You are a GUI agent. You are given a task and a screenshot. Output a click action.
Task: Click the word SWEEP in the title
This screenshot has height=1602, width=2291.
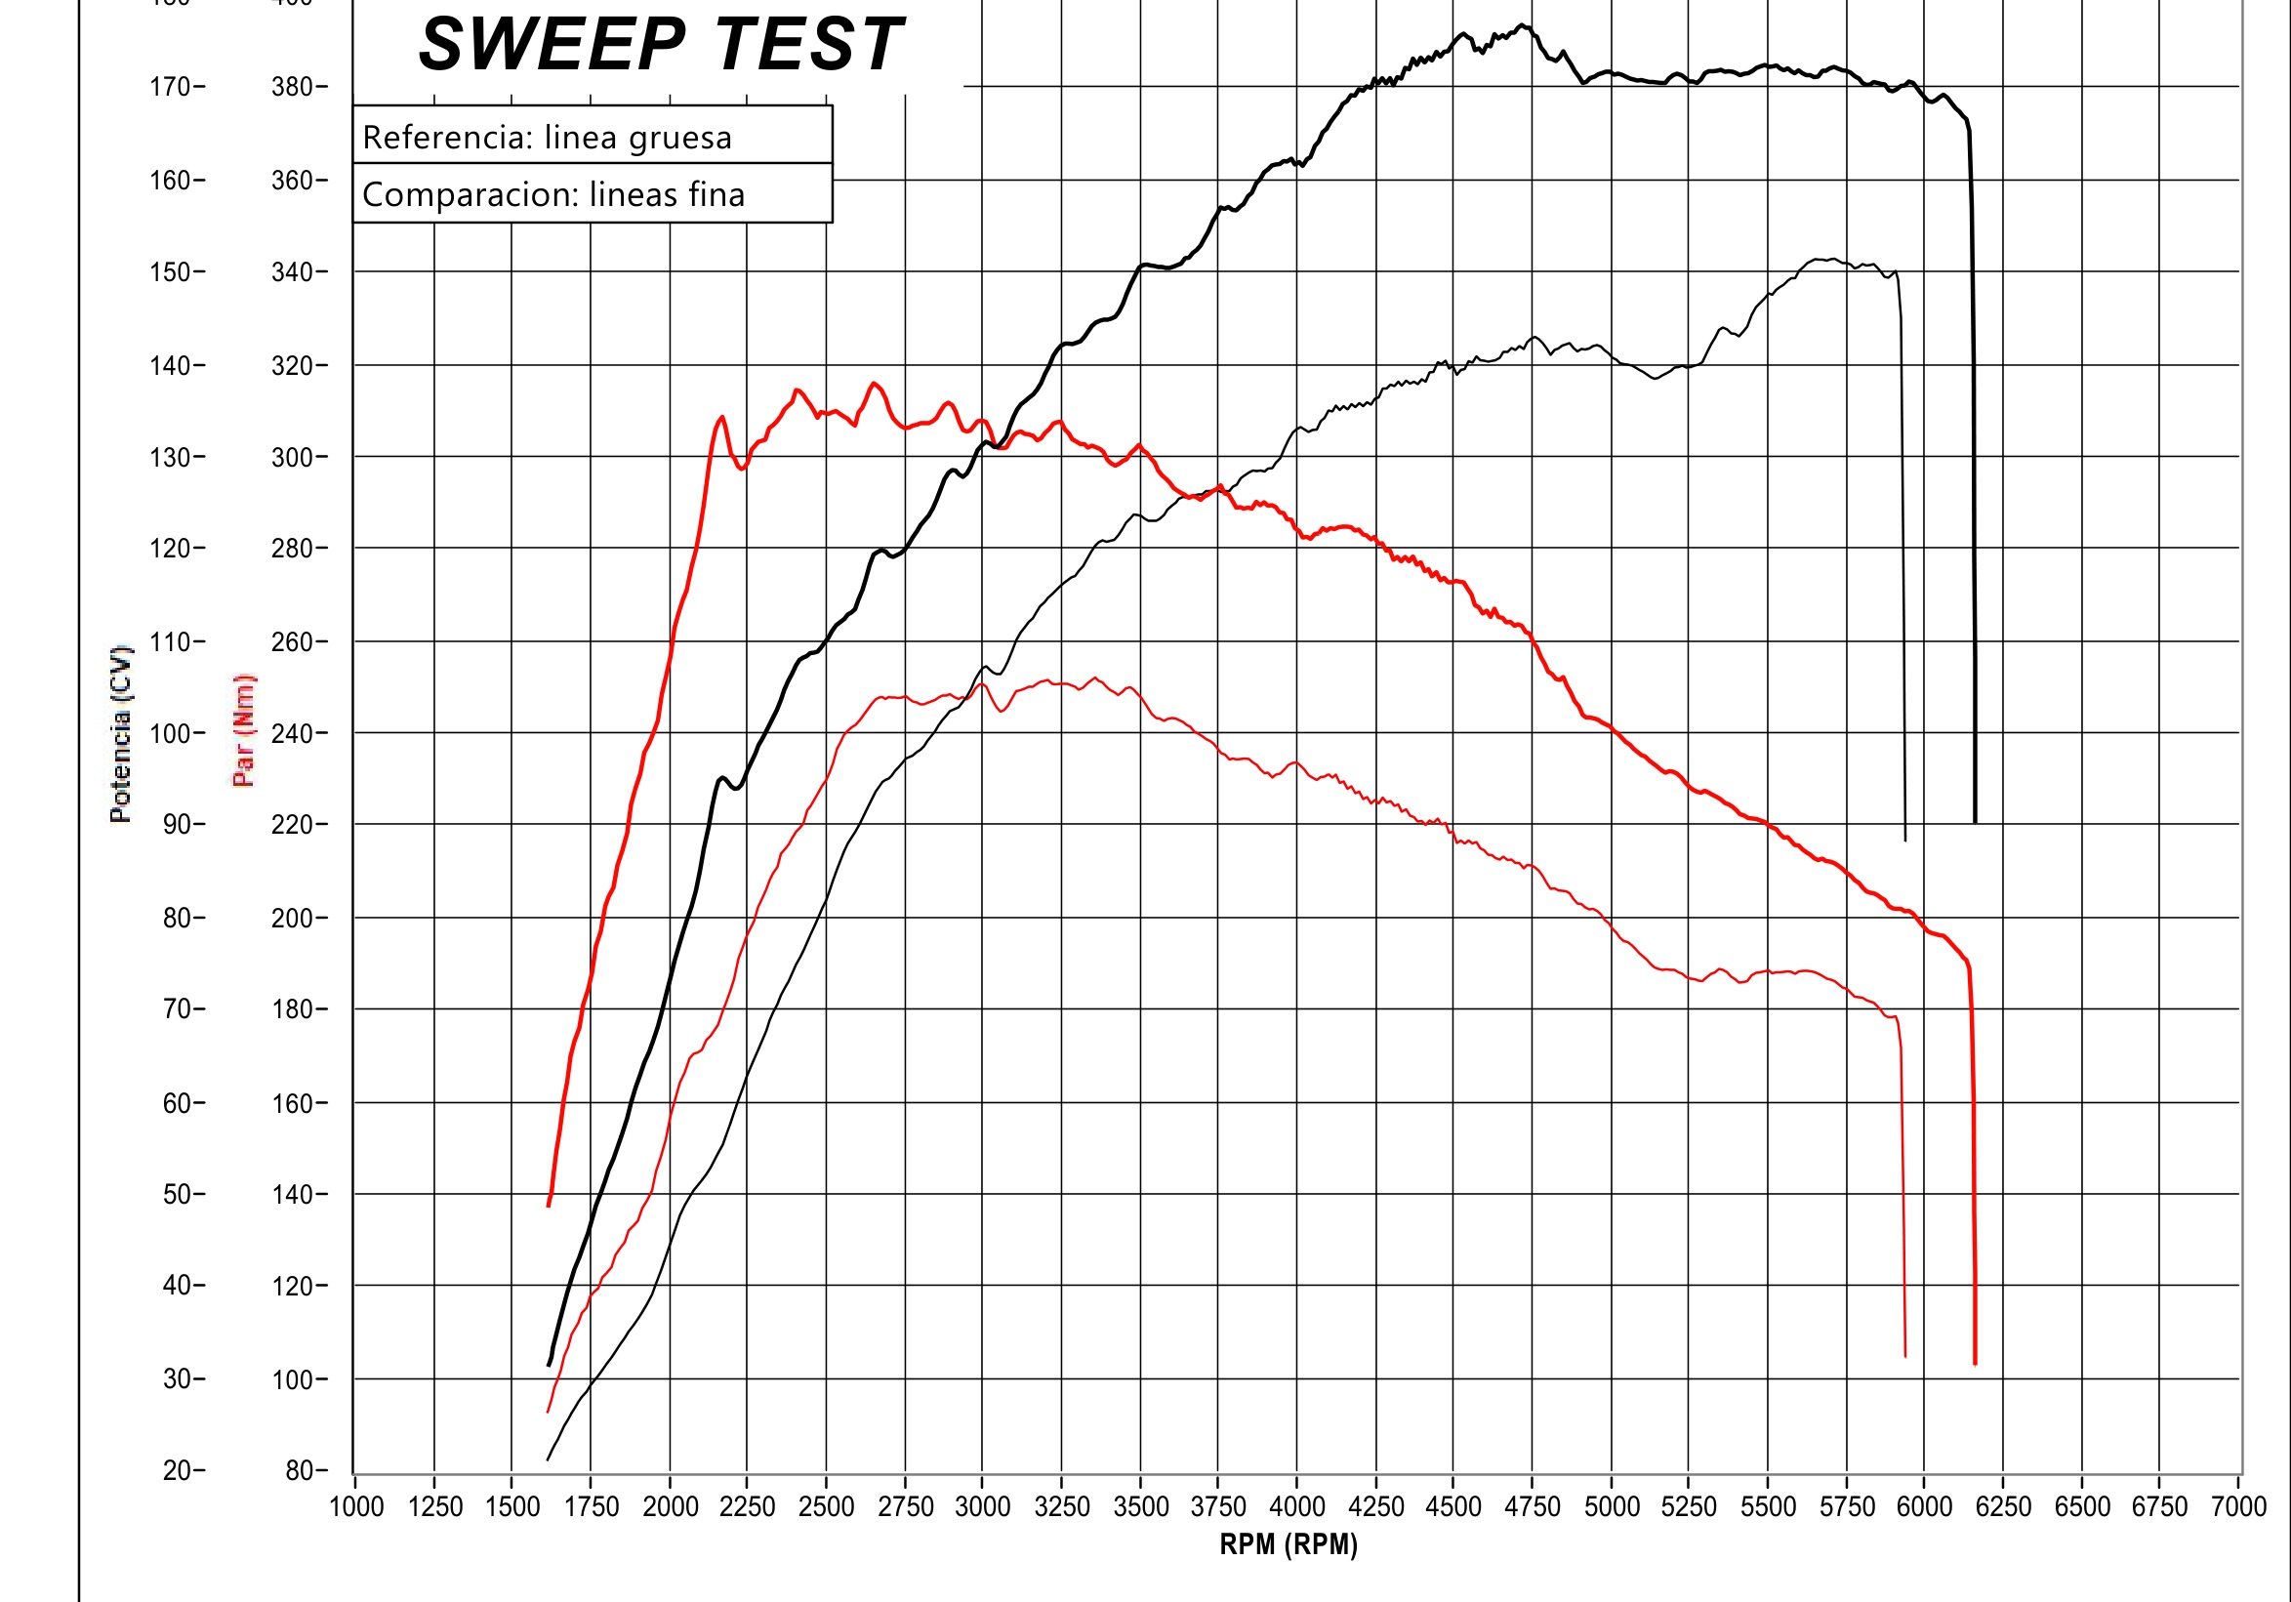click(552, 46)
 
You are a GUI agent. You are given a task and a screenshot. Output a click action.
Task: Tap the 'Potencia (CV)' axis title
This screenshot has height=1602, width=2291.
click(121, 733)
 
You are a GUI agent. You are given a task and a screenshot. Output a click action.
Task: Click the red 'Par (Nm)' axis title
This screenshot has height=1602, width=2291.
click(243, 729)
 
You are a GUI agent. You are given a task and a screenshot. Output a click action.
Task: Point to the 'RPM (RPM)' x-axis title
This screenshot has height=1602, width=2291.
click(1289, 1544)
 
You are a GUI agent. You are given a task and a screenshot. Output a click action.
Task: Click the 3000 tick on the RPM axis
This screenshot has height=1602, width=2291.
click(983, 1507)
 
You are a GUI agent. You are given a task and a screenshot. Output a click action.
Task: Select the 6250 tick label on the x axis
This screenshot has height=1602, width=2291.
click(2003, 1507)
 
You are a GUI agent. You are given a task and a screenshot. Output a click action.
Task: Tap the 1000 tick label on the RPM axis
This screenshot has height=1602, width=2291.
click(356, 1507)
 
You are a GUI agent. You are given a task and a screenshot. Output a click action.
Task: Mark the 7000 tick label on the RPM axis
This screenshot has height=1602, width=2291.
click(2239, 1507)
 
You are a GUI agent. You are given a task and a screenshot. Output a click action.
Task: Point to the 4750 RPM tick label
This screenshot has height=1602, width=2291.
click(1532, 1507)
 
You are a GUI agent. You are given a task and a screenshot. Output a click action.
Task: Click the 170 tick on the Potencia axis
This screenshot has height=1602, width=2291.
click(171, 87)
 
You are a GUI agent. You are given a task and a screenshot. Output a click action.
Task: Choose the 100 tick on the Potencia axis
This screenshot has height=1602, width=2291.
click(171, 733)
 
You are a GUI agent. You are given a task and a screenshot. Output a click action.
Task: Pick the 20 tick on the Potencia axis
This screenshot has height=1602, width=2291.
click(177, 1470)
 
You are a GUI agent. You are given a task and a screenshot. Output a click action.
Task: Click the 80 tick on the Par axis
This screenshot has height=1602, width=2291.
click(299, 1470)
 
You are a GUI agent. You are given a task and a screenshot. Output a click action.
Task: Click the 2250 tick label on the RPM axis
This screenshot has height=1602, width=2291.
click(748, 1507)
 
